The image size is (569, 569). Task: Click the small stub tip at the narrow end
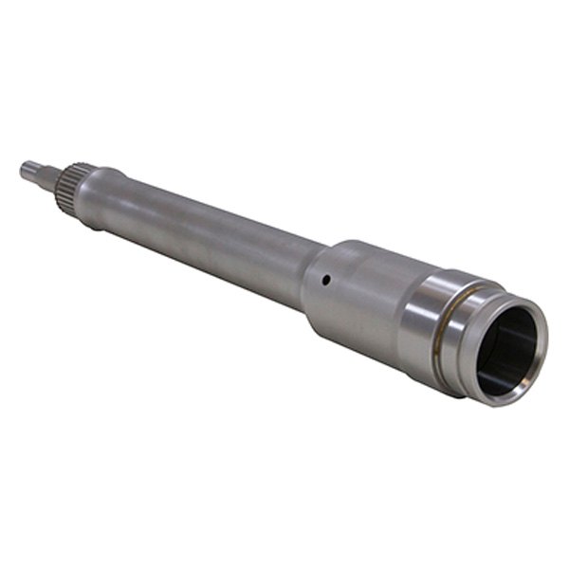(33, 171)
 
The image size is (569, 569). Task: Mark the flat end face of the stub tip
(23, 170)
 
